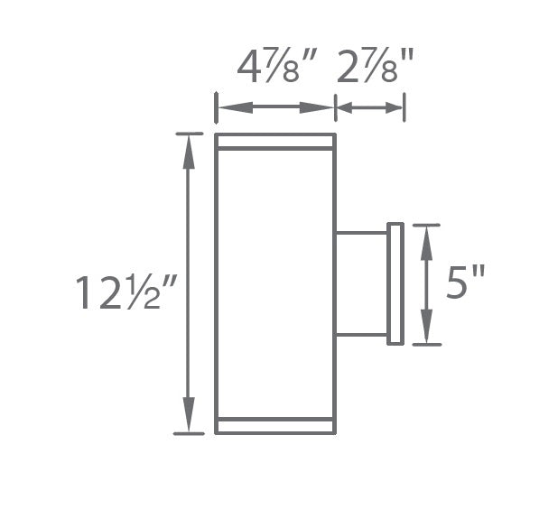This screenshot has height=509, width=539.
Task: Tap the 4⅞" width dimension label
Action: pyautogui.click(x=274, y=67)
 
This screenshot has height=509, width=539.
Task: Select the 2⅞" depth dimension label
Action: pyautogui.click(x=373, y=67)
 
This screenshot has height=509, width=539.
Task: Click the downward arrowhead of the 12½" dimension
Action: pyautogui.click(x=189, y=421)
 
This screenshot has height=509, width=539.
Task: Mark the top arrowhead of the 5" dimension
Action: pyautogui.click(x=427, y=236)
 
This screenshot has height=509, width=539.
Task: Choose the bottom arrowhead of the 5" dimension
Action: pyautogui.click(x=427, y=333)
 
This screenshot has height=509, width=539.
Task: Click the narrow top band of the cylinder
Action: pyautogui.click(x=274, y=141)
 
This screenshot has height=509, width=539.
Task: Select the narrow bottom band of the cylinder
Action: pyautogui.click(x=274, y=426)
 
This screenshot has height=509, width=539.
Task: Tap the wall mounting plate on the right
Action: pyautogui.click(x=395, y=283)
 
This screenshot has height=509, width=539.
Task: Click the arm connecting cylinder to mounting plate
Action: pyautogui.click(x=361, y=283)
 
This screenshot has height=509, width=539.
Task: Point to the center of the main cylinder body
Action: pyautogui.click(x=274, y=283)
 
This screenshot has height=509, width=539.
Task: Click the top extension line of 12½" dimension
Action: pyautogui.click(x=189, y=134)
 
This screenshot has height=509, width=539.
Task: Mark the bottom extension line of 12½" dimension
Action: pyautogui.click(x=189, y=434)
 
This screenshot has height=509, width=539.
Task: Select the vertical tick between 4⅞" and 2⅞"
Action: pyautogui.click(x=335, y=106)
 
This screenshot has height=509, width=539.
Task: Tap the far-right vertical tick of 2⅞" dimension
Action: pyautogui.click(x=404, y=106)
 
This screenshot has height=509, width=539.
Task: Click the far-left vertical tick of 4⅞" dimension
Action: pyautogui.click(x=215, y=106)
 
